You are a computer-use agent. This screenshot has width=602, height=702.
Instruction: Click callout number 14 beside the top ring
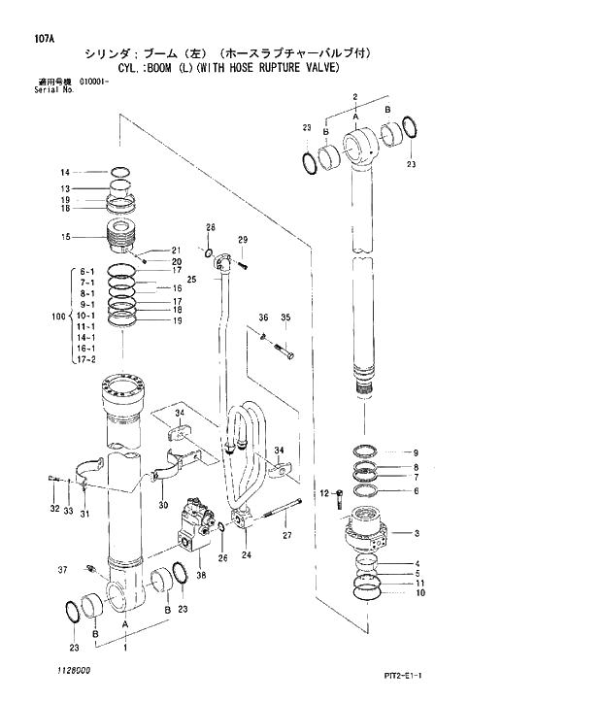(x=92, y=172)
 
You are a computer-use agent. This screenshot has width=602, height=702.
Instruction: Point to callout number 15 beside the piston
(x=92, y=236)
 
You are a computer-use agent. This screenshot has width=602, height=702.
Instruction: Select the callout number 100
(x=57, y=316)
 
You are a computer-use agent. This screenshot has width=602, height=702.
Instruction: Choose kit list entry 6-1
(x=86, y=272)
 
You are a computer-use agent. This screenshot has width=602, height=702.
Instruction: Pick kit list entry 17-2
(x=86, y=359)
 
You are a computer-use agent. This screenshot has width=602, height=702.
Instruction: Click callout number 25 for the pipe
(x=192, y=280)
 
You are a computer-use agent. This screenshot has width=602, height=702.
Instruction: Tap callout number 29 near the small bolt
(x=243, y=240)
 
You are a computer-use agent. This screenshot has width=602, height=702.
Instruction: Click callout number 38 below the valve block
(x=201, y=576)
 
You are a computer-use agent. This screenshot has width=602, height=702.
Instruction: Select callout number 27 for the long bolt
(x=287, y=535)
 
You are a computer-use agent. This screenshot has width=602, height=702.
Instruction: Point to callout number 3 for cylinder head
(x=416, y=533)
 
